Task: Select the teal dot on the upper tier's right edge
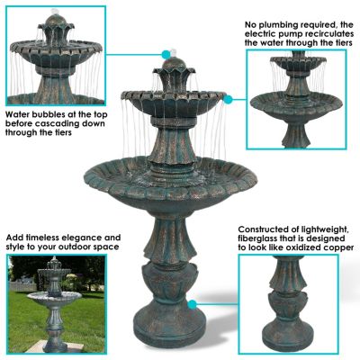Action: (229, 96)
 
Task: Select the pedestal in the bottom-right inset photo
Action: (288, 306)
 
